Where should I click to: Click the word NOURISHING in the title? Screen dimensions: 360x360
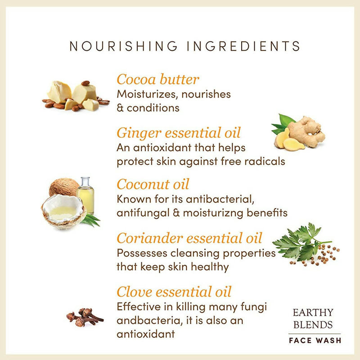coord(123,46)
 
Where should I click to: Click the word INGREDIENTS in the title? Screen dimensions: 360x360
coord(243,46)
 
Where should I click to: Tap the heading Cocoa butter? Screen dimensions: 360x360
coord(158,80)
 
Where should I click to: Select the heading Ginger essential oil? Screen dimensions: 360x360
coord(179,133)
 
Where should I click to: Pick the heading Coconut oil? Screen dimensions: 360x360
coord(153,184)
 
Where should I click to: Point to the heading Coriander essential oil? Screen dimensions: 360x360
coord(189,238)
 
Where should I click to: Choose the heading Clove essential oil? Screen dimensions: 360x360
coord(174,292)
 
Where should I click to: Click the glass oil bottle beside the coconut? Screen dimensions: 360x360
coord(85,195)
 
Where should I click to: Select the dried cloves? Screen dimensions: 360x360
coord(85,317)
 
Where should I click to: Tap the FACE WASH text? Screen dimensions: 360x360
coord(315,340)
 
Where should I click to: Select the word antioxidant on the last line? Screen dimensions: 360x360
coord(146,334)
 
